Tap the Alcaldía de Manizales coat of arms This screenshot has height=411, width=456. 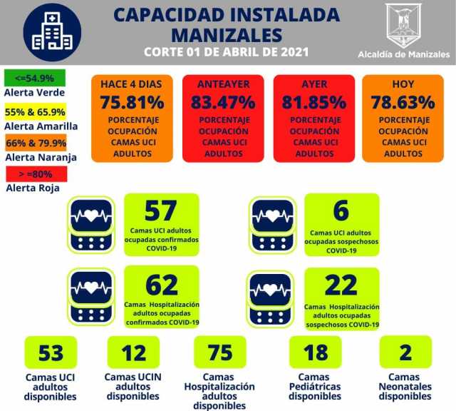403,26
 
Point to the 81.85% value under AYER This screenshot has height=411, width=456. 313,101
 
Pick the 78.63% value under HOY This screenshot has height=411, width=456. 403,101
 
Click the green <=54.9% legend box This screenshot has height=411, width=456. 34,77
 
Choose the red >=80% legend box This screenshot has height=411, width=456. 34,173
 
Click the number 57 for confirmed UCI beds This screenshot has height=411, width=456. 160,210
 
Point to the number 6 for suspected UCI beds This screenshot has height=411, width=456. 341,210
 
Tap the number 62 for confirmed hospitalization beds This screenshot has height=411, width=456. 161,284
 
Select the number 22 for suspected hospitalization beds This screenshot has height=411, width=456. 341,285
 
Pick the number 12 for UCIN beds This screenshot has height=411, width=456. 133,352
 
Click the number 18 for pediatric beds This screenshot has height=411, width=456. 315,352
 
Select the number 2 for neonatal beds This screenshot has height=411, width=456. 405,352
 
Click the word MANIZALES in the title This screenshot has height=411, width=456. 227,34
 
